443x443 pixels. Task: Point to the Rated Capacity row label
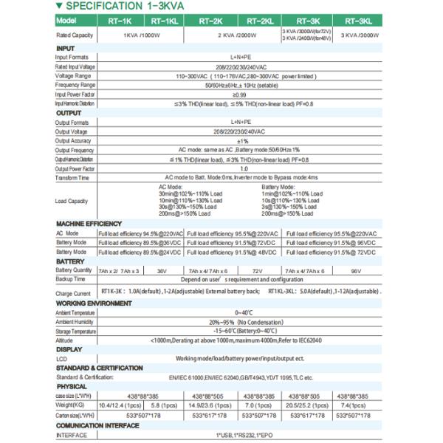click(x=75, y=35)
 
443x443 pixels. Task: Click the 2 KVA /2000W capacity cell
click(x=235, y=35)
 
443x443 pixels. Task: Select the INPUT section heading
click(x=66, y=48)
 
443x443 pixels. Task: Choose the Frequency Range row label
click(x=77, y=85)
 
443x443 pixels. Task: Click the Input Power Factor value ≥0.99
click(x=239, y=95)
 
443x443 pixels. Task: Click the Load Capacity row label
click(x=72, y=201)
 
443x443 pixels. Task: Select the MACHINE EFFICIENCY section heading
click(x=89, y=223)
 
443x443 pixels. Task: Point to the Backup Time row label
click(x=71, y=280)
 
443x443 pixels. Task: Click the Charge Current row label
click(x=73, y=293)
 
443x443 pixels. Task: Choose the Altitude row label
click(x=65, y=340)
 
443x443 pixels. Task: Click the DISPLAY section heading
click(x=69, y=348)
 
